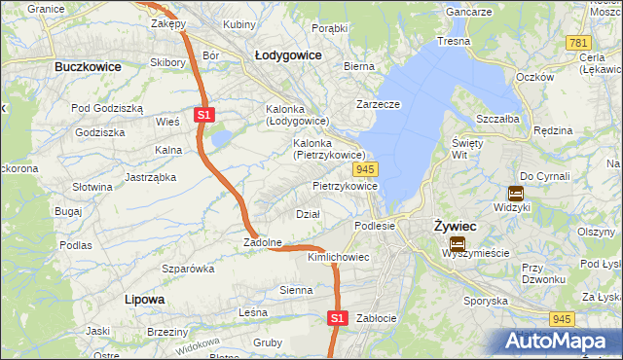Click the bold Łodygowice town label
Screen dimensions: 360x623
(288, 55)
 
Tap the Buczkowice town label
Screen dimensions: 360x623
(88, 66)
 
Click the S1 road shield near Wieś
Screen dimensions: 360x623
(203, 115)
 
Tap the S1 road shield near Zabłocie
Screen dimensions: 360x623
(337, 317)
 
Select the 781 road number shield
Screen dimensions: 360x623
(579, 43)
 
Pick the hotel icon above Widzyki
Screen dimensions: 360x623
(516, 193)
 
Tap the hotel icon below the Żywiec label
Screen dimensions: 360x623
(457, 243)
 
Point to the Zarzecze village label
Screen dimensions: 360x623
(380, 103)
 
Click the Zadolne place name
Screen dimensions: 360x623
(263, 242)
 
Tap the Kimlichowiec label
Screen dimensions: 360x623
(338, 257)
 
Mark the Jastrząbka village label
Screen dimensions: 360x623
(151, 177)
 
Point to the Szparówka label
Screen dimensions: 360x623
(188, 268)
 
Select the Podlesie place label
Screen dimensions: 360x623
(374, 226)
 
